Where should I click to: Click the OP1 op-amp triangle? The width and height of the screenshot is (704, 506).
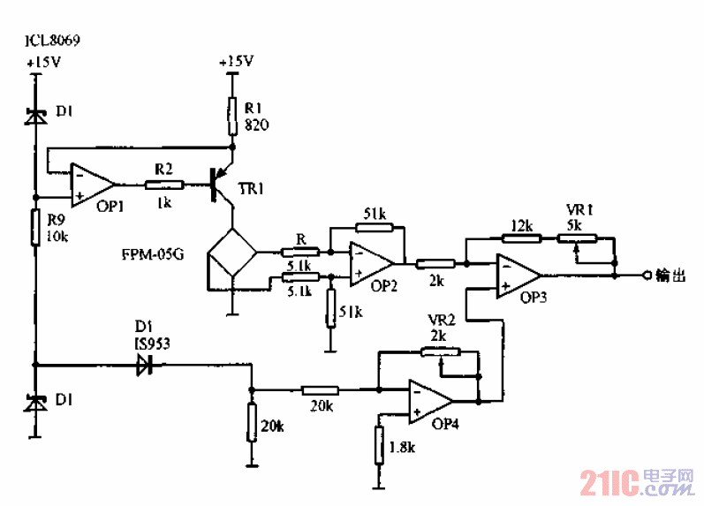tap(92, 185)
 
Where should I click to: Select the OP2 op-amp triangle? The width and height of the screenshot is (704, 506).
tap(370, 262)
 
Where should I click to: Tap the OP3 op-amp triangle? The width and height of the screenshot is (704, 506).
tap(517, 275)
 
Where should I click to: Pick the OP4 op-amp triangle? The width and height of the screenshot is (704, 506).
tap(429, 400)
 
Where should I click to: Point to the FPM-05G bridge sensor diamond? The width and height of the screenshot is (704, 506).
tap(231, 256)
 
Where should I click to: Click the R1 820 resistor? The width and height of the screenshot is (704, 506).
tap(231, 112)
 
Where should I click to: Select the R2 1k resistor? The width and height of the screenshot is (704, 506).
tap(163, 185)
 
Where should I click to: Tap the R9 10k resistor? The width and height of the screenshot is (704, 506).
tap(36, 226)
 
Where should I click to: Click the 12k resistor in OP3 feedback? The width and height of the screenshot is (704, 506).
tap(521, 238)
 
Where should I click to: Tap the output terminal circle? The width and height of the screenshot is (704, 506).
tap(647, 276)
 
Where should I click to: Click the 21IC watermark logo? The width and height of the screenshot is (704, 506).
tap(636, 481)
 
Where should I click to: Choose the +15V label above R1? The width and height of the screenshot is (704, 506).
tap(235, 61)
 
